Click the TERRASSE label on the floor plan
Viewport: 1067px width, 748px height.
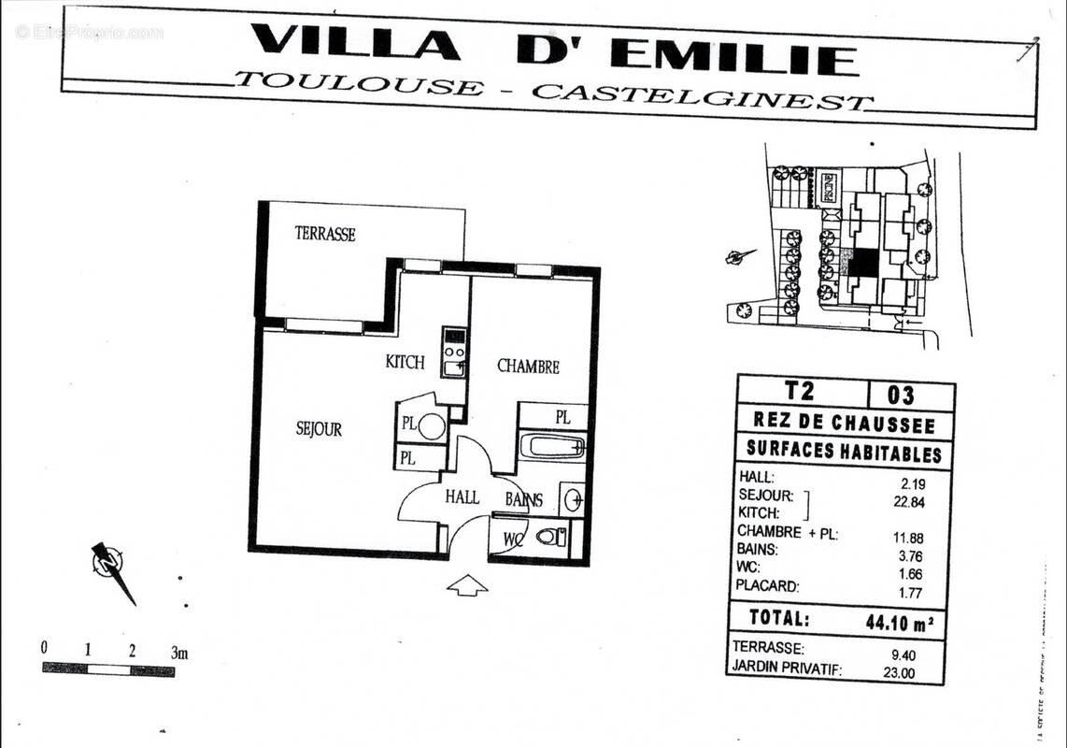(x=325, y=234)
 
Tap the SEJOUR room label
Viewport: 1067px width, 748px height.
(x=319, y=430)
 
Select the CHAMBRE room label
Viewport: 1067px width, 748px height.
(x=528, y=367)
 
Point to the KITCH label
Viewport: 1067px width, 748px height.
(x=405, y=362)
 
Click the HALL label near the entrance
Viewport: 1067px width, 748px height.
(x=462, y=496)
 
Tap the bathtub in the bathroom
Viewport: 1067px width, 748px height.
(x=552, y=447)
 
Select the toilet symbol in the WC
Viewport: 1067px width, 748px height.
(x=551, y=537)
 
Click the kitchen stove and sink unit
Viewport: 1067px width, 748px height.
(x=454, y=352)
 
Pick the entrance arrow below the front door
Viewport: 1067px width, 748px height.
(x=467, y=586)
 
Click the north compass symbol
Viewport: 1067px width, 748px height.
(x=108, y=563)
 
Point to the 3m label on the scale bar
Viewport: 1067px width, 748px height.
(x=179, y=653)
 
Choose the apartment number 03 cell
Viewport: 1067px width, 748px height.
(x=902, y=395)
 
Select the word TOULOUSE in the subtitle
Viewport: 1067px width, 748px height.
(x=359, y=84)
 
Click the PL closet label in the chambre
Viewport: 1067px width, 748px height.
(x=562, y=418)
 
